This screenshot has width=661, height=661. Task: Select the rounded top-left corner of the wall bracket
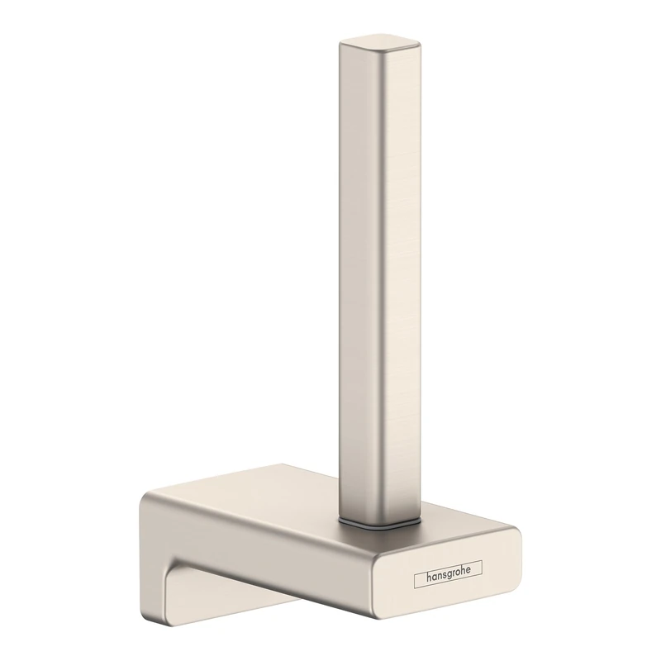tap(149, 499)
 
